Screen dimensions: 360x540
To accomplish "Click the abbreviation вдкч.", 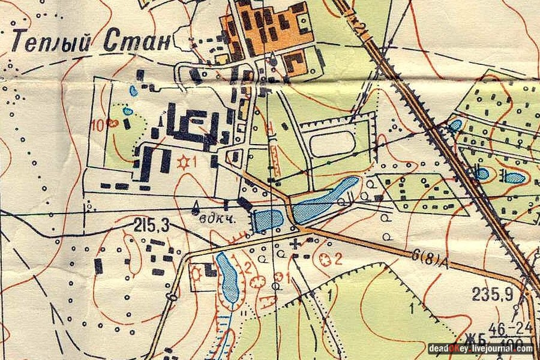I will click(x=216, y=219).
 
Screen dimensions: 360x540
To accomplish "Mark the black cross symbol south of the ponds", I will click(x=295, y=244).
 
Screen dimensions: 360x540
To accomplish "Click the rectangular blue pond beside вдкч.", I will click(x=268, y=220).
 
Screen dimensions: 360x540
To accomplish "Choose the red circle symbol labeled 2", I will click(x=326, y=259).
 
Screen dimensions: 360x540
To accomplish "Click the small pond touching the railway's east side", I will click(x=455, y=125).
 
